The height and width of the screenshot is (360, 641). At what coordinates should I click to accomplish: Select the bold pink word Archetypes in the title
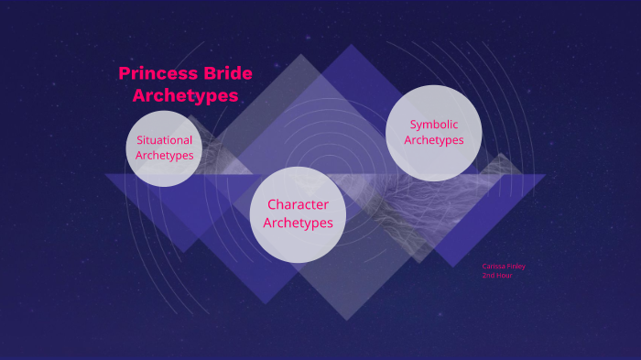coord(185,95)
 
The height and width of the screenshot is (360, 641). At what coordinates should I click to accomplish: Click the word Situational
coord(164,140)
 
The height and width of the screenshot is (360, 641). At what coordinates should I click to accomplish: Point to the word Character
coord(298,204)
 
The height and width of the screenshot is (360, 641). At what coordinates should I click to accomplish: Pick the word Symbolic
coord(433,125)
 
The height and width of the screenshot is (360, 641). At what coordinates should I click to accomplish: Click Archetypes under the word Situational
coord(164,156)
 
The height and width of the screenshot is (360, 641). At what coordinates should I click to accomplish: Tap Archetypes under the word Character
coord(298,223)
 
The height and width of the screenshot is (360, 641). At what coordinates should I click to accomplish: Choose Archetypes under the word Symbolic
coord(433,140)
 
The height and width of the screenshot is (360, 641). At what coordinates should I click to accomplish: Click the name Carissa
coord(494,267)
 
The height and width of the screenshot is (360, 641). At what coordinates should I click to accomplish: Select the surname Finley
coord(516,267)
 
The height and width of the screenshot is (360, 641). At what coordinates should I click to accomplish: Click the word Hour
coord(505,275)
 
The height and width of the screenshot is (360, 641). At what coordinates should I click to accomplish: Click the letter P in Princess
coord(125,73)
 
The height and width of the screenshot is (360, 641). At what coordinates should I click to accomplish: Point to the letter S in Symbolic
coord(413,125)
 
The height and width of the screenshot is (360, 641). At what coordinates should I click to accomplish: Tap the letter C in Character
coord(272,204)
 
